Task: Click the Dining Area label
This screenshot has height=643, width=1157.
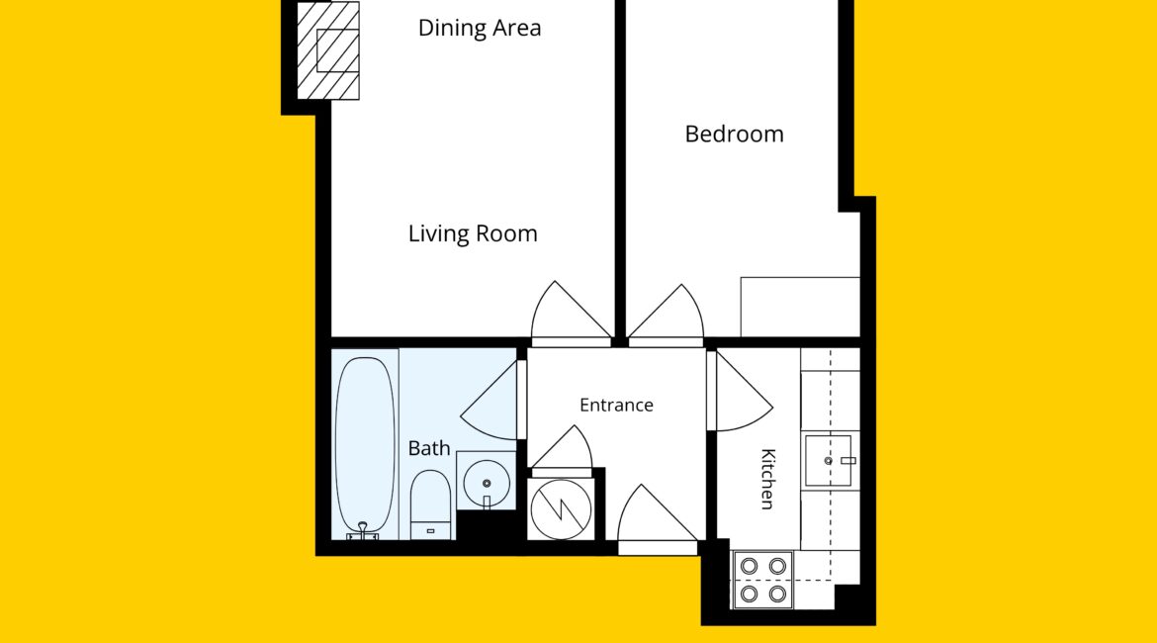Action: point(480,28)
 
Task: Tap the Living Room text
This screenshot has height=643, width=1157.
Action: point(473,234)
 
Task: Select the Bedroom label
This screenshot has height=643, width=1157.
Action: point(734,135)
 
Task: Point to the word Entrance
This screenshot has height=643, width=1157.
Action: point(616,405)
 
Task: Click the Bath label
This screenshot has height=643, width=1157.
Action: point(429,448)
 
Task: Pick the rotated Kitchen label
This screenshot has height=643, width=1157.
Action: point(767,479)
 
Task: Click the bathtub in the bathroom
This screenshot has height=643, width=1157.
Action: point(365,446)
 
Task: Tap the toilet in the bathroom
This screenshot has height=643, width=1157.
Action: point(430,505)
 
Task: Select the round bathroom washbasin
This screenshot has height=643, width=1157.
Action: point(487,483)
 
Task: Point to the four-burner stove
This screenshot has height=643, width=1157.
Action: point(763,580)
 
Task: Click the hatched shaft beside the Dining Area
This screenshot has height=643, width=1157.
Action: point(328,50)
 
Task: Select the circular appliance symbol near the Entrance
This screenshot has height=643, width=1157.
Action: point(561,509)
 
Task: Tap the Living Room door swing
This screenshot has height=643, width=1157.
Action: point(570,313)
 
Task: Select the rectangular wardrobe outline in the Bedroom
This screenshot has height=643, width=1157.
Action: point(800,307)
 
